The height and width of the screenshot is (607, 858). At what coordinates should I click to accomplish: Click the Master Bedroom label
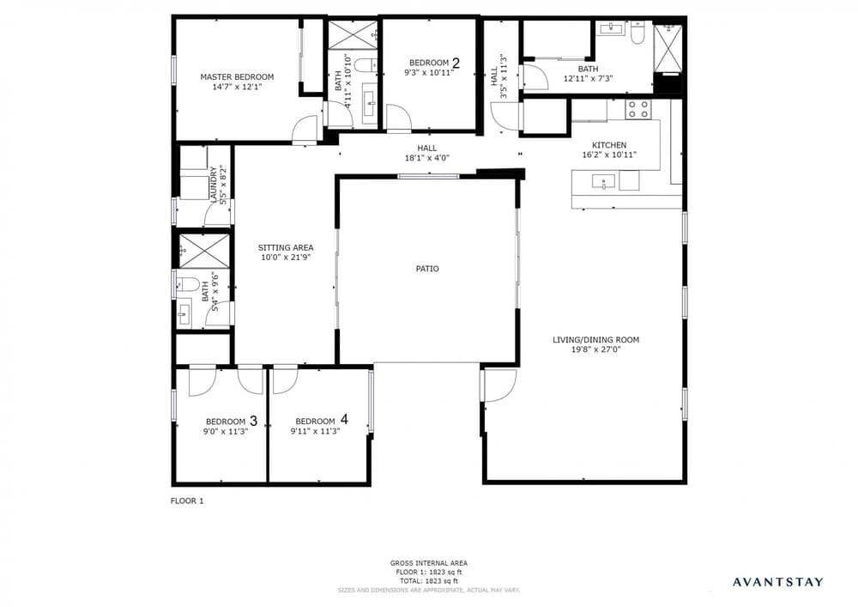coord(237,77)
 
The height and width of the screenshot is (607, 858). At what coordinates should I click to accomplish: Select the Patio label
coord(427,269)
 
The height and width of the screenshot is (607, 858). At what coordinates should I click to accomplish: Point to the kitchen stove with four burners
coord(638,110)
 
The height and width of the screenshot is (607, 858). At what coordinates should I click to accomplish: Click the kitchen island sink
coord(602,181)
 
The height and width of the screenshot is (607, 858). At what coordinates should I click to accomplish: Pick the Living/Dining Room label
coord(596,340)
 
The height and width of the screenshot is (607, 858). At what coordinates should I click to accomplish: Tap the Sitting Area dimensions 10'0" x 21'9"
coord(286,258)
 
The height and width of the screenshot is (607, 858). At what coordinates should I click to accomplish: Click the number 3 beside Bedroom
coord(253,421)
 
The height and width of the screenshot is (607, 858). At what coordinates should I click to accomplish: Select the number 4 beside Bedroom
coord(344,419)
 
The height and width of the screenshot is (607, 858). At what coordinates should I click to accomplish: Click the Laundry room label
coord(213,185)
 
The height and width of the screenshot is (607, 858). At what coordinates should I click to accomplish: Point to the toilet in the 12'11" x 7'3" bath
coord(637,33)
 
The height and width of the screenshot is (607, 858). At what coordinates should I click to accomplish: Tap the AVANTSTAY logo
coord(777,582)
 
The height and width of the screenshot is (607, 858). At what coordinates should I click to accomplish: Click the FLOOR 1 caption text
coord(187,501)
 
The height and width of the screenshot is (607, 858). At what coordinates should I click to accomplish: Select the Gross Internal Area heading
coord(428,562)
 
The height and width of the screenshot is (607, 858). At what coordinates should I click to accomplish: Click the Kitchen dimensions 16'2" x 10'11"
coord(609,155)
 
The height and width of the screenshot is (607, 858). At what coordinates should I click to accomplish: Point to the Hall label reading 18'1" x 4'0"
coord(426,153)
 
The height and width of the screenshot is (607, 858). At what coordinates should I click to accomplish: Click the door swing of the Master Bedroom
coord(305,131)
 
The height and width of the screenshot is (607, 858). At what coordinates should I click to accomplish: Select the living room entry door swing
coord(499,385)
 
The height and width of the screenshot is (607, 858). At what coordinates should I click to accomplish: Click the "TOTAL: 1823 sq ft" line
coord(428,580)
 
